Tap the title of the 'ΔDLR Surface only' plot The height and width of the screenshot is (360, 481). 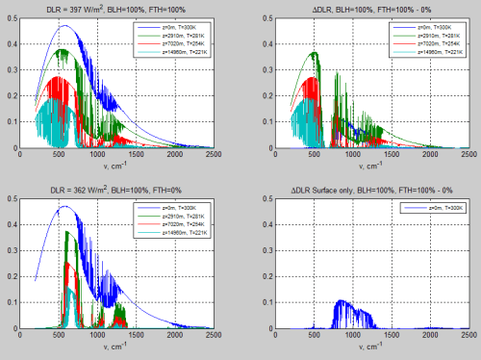coord(361,188)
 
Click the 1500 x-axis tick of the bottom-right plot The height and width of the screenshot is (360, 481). coord(385,333)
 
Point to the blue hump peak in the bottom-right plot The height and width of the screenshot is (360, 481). coord(343,300)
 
